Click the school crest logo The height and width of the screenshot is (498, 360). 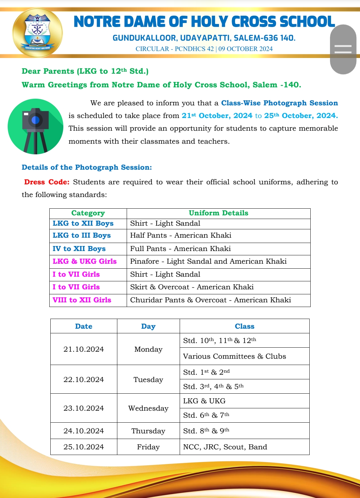click(x=37, y=32)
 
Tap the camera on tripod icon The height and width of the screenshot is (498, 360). click(x=35, y=126)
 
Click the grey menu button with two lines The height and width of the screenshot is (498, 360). click(x=343, y=49)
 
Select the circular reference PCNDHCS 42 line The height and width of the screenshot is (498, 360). click(x=204, y=49)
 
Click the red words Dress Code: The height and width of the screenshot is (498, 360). click(x=47, y=182)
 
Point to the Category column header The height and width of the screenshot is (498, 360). click(x=88, y=213)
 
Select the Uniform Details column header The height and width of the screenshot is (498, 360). click(x=218, y=213)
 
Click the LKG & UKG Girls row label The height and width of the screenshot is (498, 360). click(x=85, y=261)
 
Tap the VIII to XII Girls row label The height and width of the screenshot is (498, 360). click(x=82, y=300)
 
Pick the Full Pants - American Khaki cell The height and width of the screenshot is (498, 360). click(x=180, y=249)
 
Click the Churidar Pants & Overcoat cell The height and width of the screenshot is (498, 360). click(x=210, y=300)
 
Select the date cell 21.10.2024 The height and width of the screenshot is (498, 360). click(x=84, y=349)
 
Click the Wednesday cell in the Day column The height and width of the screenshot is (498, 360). click(x=148, y=408)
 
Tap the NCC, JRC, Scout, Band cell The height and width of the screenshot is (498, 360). click(x=225, y=447)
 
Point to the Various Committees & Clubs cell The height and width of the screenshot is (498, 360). click(x=234, y=356)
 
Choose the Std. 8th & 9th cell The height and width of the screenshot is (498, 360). click(x=206, y=431)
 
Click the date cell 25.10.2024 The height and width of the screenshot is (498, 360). click(x=84, y=447)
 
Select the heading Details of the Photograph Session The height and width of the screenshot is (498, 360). click(x=87, y=167)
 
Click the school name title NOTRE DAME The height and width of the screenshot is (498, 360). click(x=204, y=22)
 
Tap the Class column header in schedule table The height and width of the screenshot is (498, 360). click(x=244, y=326)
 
